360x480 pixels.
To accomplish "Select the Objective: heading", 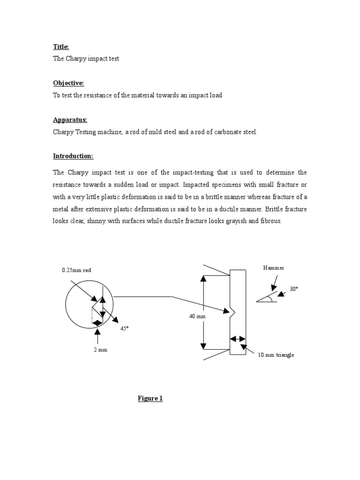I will (x=68, y=83).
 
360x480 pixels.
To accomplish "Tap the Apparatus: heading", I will (x=70, y=120).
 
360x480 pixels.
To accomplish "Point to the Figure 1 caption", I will (x=150, y=398).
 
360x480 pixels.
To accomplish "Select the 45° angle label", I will (x=124, y=329).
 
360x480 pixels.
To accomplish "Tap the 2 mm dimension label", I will (x=101, y=350).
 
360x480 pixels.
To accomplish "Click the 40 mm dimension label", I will (x=197, y=317).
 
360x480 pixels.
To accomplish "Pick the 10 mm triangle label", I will (x=276, y=355).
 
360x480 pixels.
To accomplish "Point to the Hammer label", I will (x=274, y=268).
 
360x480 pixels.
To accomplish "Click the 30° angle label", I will (x=293, y=289).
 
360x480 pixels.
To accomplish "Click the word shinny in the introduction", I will (x=94, y=221).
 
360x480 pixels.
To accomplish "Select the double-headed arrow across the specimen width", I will (x=238, y=338).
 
